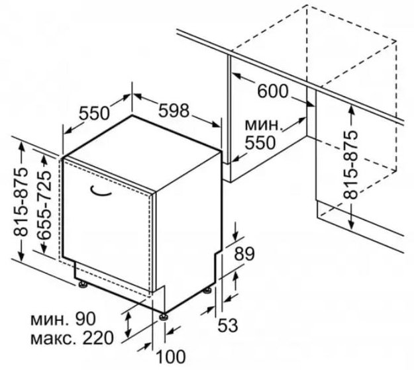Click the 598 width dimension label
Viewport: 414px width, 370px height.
click(174, 111)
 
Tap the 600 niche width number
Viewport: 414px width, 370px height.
click(272, 91)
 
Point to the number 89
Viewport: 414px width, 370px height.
click(244, 254)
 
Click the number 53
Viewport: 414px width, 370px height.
click(228, 325)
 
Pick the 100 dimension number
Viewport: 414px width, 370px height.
click(171, 357)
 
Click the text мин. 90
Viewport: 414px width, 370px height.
click(63, 319)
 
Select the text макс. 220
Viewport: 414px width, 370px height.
click(72, 338)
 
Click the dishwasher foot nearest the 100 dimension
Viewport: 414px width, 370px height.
click(164, 316)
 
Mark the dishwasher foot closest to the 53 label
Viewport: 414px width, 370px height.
click(207, 291)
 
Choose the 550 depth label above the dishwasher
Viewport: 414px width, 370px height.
click(94, 113)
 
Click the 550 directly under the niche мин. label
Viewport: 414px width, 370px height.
click(260, 143)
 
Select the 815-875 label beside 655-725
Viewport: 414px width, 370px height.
click(21, 201)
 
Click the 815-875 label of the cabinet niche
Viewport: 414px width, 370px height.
click(350, 164)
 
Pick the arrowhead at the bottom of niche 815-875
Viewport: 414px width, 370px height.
click(351, 224)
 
